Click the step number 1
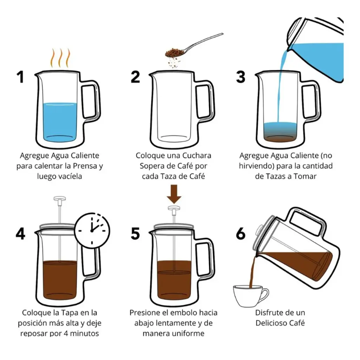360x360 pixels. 20,77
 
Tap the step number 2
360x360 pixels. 135,77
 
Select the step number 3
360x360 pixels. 240,77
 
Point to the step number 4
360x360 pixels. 20,234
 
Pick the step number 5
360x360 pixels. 135,234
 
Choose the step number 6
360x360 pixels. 240,234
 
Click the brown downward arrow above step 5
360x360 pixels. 174,194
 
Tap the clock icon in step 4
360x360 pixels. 92,230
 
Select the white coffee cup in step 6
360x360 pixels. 251,296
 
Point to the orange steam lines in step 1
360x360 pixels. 60,58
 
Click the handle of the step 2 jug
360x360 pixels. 205,100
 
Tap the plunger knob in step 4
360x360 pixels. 60,199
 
